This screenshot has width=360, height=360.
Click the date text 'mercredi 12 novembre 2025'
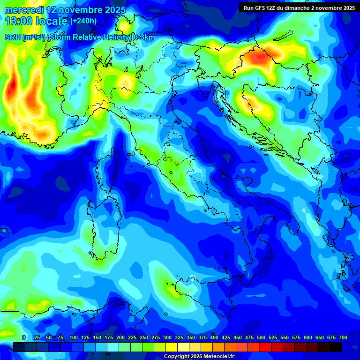[x=65, y=10]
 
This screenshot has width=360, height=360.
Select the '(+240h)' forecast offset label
[x=83, y=21]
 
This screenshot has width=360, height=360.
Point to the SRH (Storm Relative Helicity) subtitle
[x=80, y=37]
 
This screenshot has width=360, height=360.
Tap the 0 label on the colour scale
[x=24, y=337]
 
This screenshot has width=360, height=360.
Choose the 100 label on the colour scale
[x=73, y=337]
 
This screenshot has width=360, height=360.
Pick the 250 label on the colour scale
[x=144, y=337]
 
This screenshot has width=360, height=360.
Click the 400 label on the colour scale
[x=214, y=337]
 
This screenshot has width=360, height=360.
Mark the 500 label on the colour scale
[x=261, y=337]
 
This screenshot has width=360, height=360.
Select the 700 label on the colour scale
[x=343, y=337]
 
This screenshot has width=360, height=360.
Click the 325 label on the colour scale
[x=179, y=337]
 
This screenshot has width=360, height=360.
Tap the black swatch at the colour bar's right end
[x=335, y=347]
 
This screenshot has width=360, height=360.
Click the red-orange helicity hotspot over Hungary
[x=258, y=58]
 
